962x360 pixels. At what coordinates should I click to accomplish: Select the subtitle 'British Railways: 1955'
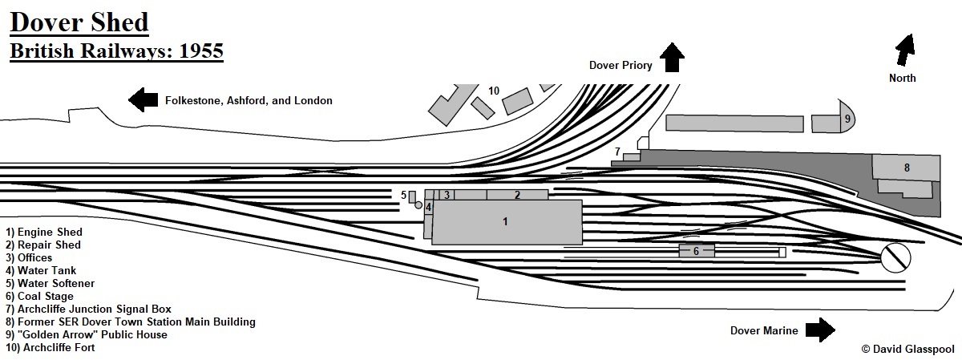pyautogui.click(x=115, y=51)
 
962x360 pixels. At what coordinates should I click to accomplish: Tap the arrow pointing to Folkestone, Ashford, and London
pyautogui.click(x=143, y=100)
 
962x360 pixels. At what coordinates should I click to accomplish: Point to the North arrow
pyautogui.click(x=905, y=50)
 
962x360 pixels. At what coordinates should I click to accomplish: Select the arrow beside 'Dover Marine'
pyautogui.click(x=820, y=330)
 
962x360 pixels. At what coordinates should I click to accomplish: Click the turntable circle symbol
pyautogui.click(x=895, y=257)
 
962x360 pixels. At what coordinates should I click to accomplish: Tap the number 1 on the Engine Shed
pyautogui.click(x=505, y=221)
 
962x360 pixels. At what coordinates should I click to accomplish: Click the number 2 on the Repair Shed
pyautogui.click(x=517, y=195)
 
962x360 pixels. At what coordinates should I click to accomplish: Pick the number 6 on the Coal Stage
pyautogui.click(x=696, y=251)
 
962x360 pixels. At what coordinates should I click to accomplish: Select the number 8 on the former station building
pyautogui.click(x=907, y=168)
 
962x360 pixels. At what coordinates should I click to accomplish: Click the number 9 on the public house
pyautogui.click(x=847, y=119)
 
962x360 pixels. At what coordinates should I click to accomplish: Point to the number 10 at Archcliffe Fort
pyautogui.click(x=494, y=91)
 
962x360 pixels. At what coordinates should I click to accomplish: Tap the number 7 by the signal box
pyautogui.click(x=617, y=151)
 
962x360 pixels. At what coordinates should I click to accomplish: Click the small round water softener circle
pyautogui.click(x=418, y=205)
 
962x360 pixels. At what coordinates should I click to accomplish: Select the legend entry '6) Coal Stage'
pyautogui.click(x=40, y=296)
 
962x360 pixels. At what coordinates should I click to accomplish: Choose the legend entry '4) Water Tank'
pyautogui.click(x=42, y=270)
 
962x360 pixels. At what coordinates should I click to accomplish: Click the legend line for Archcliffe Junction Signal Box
pyautogui.click(x=88, y=309)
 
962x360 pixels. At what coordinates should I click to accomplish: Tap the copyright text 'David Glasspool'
pyautogui.click(x=906, y=350)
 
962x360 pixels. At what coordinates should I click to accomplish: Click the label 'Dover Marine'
pyautogui.click(x=765, y=330)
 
